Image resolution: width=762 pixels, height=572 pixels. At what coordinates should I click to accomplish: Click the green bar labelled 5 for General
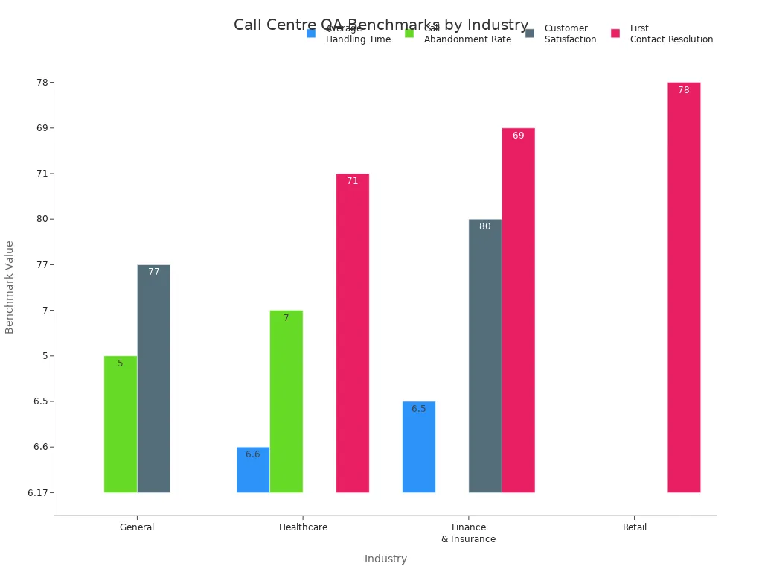click(121, 424)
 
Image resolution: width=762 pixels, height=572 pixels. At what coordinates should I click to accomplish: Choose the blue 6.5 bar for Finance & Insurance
click(419, 447)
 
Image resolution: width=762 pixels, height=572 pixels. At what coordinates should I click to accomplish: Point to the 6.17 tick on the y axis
click(41, 493)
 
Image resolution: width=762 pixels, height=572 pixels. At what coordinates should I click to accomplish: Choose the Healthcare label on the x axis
click(303, 527)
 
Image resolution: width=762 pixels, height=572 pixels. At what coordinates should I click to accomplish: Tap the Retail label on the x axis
click(635, 527)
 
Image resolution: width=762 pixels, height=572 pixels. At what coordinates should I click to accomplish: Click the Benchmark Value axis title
click(10, 287)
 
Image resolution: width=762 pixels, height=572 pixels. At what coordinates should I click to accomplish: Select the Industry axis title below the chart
click(385, 559)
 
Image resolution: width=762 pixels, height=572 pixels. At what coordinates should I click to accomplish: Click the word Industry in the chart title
click(498, 25)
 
